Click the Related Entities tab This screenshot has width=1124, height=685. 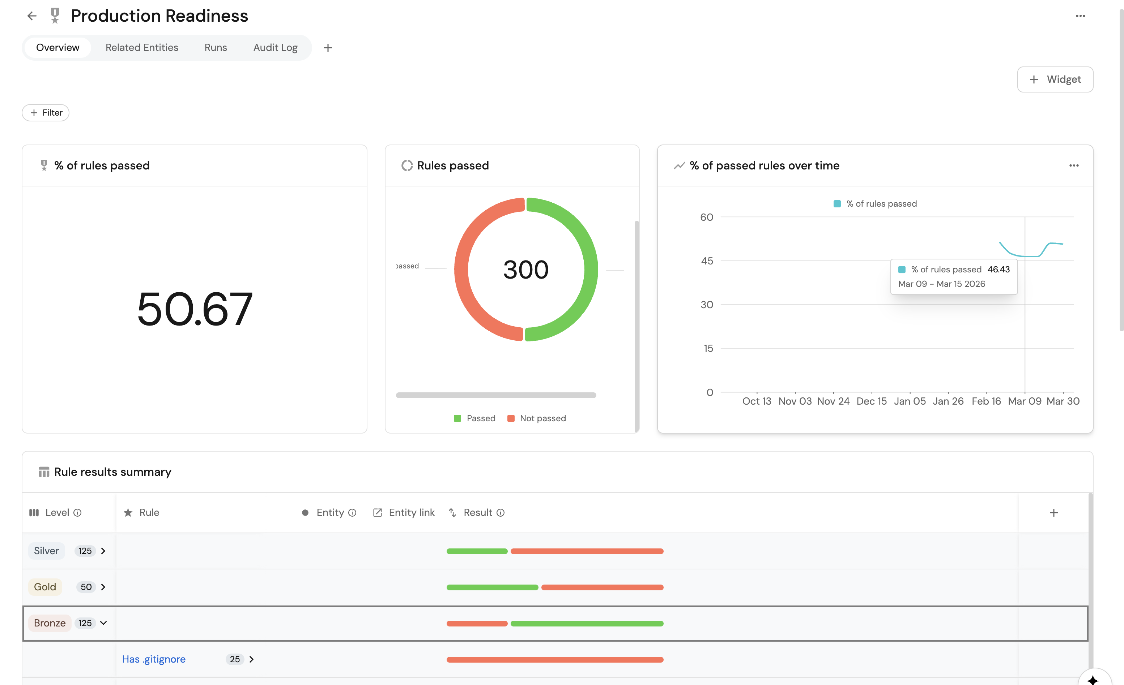tap(141, 47)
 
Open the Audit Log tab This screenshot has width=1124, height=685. tap(275, 47)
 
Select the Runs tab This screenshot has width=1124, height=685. tap(215, 47)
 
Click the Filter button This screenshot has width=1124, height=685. tap(46, 113)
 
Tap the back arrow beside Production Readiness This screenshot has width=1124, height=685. tap(31, 16)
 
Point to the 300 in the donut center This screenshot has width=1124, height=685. tap(525, 270)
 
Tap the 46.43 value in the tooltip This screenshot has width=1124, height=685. tap(998, 270)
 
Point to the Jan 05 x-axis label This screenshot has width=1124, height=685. tap(910, 401)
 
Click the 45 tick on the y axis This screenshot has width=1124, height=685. tap(707, 261)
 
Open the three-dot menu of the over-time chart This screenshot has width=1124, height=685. tap(1073, 165)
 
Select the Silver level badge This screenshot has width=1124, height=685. tap(46, 551)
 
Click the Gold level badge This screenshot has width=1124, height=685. tap(45, 587)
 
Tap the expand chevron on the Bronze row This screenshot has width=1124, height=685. tap(103, 623)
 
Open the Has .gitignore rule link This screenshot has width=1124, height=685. tap(154, 659)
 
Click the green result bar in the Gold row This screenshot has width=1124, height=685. tap(492, 587)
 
